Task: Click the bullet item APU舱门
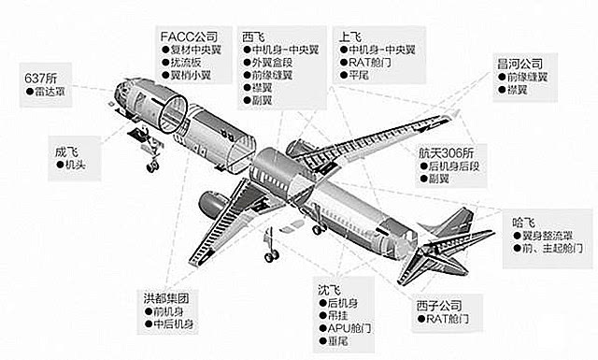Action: point(352,330)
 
